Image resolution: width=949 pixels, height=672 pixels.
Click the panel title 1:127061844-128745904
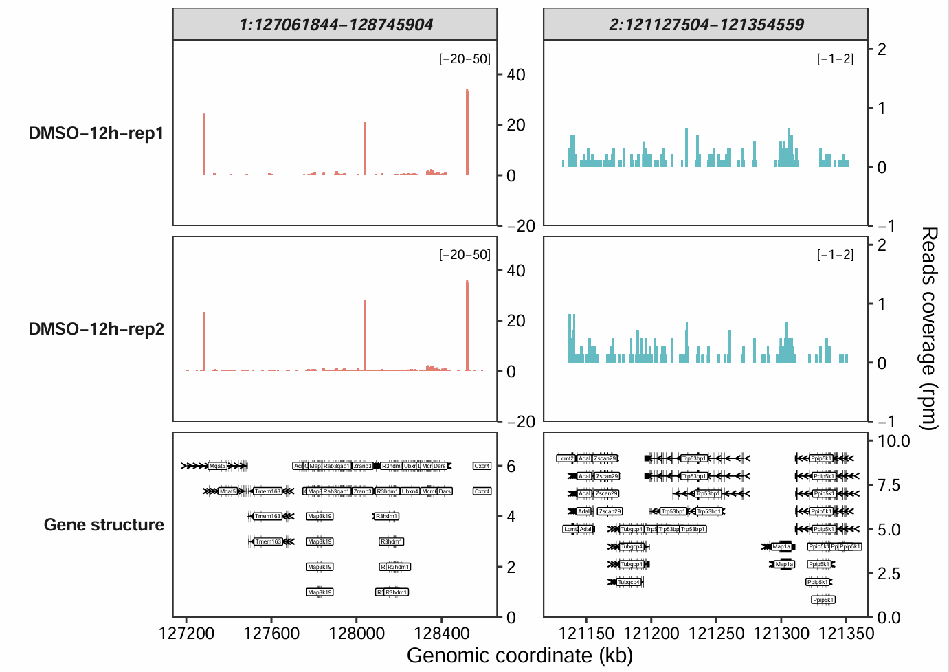tap(335, 25)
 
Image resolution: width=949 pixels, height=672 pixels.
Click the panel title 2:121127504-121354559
tap(706, 25)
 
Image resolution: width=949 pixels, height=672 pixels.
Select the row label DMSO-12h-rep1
tap(96, 133)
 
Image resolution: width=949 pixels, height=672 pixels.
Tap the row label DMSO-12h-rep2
tap(96, 329)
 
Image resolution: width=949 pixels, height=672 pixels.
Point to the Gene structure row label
tap(104, 525)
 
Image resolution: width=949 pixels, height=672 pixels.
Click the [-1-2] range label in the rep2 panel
tap(835, 255)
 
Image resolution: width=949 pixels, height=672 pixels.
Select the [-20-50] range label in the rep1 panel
tap(465, 59)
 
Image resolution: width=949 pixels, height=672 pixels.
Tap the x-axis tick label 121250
tap(716, 633)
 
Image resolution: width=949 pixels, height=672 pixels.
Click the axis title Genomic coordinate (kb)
tap(520, 656)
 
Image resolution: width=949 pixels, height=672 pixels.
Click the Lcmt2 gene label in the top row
tap(566, 458)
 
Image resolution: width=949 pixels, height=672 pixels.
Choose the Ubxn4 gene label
tap(410, 491)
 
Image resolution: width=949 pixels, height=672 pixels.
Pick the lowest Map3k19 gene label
tap(320, 592)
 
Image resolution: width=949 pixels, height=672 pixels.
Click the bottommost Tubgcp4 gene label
tap(628, 582)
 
